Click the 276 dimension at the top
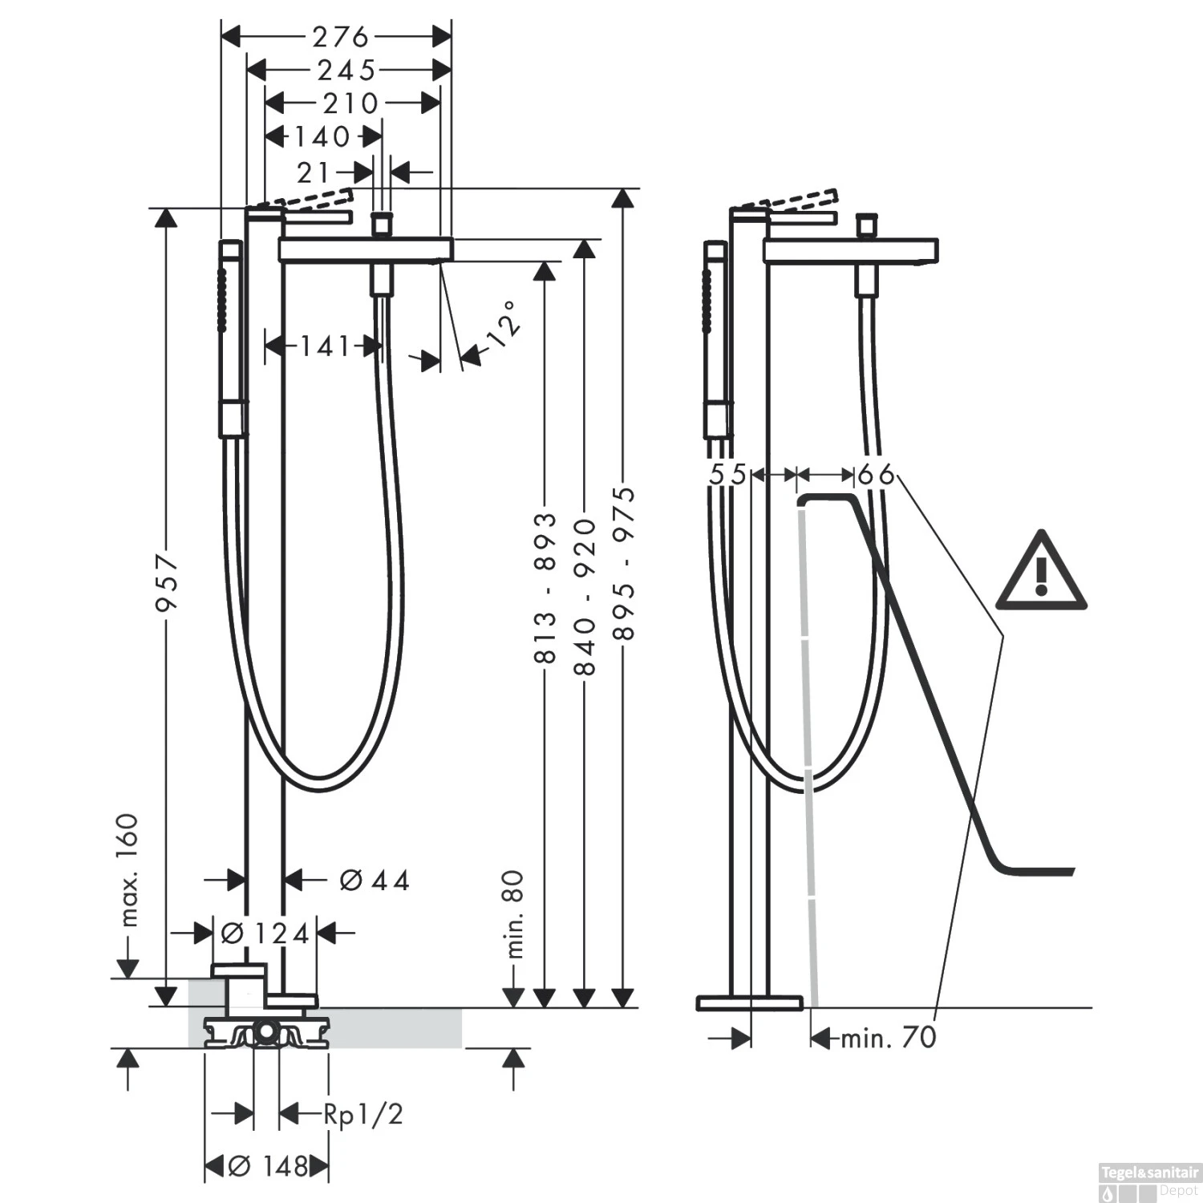(340, 37)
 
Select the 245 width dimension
(346, 71)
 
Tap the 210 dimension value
(350, 103)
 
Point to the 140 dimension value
(322, 137)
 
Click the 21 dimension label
(314, 172)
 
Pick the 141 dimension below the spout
(325, 346)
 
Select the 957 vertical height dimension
(167, 581)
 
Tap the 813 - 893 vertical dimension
(545, 588)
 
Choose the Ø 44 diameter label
(374, 881)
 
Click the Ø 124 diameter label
(264, 933)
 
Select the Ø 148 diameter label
(268, 1166)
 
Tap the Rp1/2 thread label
(363, 1114)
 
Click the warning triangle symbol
(1041, 572)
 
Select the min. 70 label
(888, 1038)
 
